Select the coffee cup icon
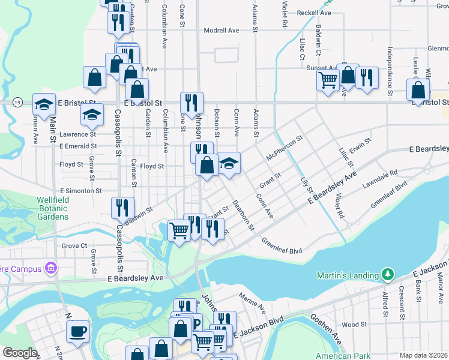click(78, 331)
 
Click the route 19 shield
click(18, 103)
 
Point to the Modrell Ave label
click(221, 30)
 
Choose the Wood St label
click(354, 325)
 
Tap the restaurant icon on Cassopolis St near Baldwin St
click(122, 208)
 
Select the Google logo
click(20, 353)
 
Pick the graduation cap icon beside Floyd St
click(229, 163)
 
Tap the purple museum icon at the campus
click(51, 268)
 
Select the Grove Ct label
click(74, 245)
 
